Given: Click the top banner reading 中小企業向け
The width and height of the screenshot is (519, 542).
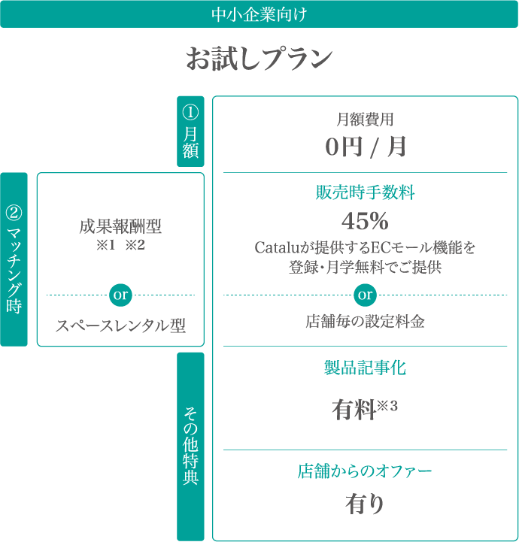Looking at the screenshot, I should (x=259, y=14).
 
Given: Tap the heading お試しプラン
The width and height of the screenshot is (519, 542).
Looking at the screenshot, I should (x=259, y=59).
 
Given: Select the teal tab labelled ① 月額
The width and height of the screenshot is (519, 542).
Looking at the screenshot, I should (x=190, y=131).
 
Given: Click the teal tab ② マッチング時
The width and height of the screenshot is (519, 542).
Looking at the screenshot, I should (x=14, y=259).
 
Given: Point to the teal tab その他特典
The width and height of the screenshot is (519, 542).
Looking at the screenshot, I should (x=190, y=445).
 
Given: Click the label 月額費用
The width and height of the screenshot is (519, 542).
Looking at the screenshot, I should (x=365, y=119).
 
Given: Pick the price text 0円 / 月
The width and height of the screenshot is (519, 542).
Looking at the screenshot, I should (x=365, y=147).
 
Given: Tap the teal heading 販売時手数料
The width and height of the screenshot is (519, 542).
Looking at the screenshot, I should (x=365, y=193).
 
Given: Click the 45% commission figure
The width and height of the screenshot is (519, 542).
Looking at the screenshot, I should (x=365, y=221).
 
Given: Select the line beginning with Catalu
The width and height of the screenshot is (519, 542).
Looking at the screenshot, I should (x=365, y=247).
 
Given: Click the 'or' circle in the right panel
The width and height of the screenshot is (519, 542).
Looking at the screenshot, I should (x=365, y=295).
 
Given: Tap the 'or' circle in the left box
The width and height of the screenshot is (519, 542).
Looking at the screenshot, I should (x=120, y=295).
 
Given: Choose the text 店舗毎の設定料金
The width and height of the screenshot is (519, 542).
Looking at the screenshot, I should (x=365, y=322).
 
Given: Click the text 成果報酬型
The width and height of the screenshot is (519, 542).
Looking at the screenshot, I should (x=120, y=226).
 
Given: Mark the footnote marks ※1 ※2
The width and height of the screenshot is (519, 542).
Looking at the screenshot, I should (x=120, y=244).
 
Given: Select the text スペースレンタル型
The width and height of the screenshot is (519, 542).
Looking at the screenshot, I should (x=120, y=326).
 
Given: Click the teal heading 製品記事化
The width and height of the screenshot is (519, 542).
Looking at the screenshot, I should (x=365, y=368).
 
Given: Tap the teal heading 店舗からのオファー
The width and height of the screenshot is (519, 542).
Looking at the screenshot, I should (x=365, y=471).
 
